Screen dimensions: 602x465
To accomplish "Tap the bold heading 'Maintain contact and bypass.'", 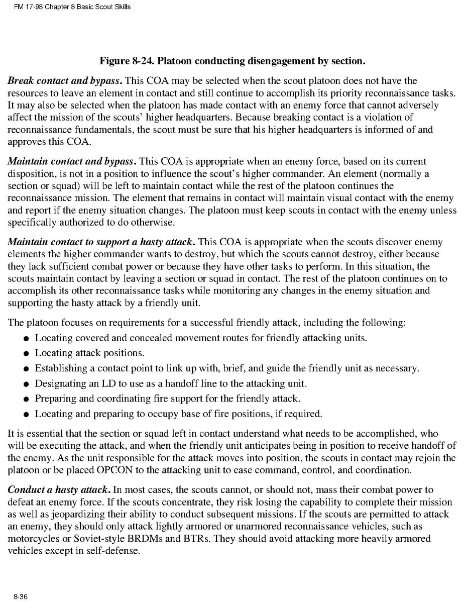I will tap(72, 162).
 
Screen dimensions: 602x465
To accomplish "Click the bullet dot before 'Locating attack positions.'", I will tap(25, 354).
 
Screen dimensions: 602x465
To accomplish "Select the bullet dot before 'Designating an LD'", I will tap(25, 384).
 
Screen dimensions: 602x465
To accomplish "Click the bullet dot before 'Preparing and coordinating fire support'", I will tap(25, 399).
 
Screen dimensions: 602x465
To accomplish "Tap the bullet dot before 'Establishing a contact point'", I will tap(25, 369).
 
